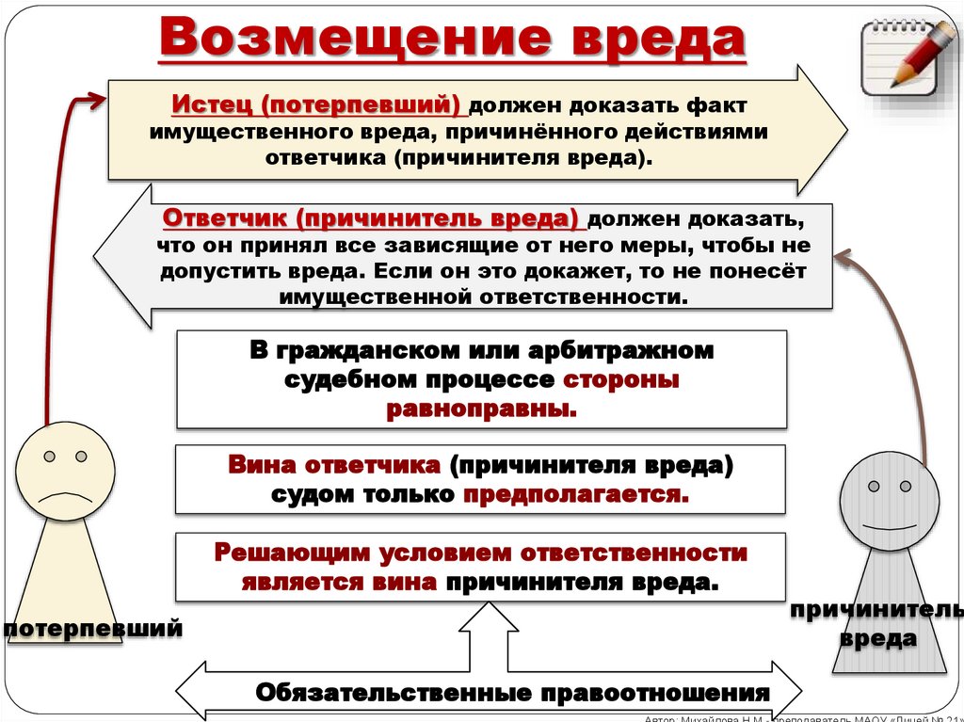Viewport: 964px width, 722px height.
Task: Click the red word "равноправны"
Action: tap(480, 409)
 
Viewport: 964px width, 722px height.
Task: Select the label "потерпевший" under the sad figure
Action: tap(91, 628)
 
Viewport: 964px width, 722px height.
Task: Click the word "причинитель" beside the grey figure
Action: tap(876, 611)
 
